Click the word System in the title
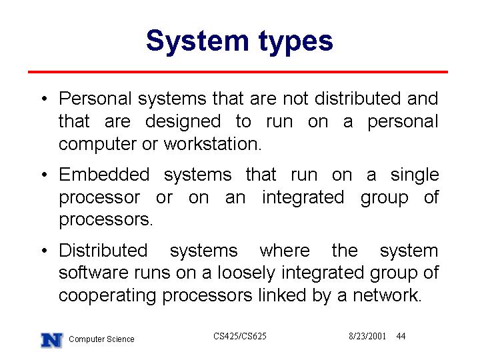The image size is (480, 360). point(197,41)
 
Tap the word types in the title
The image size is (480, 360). point(296,43)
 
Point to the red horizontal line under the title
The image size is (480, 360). point(238,72)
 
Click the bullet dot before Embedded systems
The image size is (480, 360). point(45,175)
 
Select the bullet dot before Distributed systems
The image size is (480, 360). point(45,251)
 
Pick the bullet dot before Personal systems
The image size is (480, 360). point(45,99)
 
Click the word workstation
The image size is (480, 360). point(213,144)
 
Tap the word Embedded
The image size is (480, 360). point(104,175)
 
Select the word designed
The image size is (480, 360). point(183,122)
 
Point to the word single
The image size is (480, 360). point(415,175)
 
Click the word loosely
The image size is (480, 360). point(246,273)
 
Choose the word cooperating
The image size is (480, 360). point(107,296)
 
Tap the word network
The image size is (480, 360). point(387,295)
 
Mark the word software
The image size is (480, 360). point(93,273)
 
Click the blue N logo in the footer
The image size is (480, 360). point(52,340)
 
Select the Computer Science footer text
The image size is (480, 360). point(101,339)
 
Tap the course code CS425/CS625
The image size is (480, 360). point(240,336)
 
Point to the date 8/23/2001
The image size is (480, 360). point(367,336)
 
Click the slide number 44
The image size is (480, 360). point(401,336)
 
